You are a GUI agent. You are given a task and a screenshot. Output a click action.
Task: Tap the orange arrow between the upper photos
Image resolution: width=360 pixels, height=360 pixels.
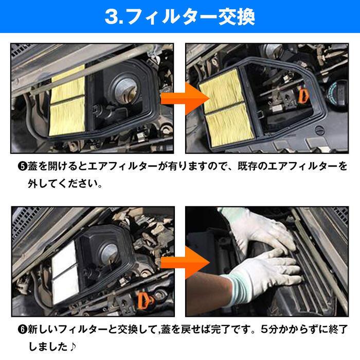point(180,98)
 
